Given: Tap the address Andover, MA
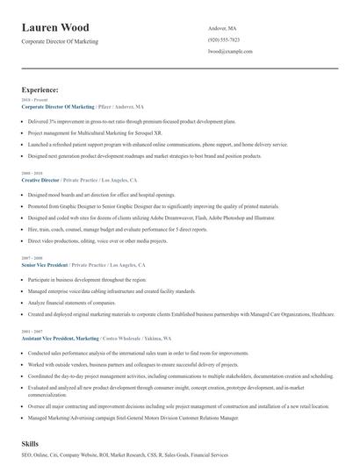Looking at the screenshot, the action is click(223, 28).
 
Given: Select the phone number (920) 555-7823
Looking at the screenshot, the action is click(224, 40).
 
